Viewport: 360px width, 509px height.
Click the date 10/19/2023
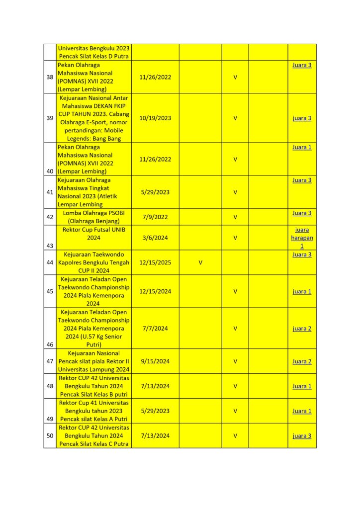pyautogui.click(x=156, y=118)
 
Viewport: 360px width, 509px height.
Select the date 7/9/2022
pyautogui.click(x=156, y=217)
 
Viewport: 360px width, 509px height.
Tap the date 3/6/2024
pyautogui.click(x=156, y=238)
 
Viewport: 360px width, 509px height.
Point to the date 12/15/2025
pyautogui.click(x=156, y=262)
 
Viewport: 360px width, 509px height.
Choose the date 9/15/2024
pyautogui.click(x=156, y=361)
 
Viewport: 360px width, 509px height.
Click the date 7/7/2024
pyautogui.click(x=156, y=329)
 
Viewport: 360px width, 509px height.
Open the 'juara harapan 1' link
pyautogui.click(x=302, y=238)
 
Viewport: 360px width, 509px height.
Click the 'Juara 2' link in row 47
pyautogui.click(x=302, y=361)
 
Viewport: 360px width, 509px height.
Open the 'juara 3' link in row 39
pyautogui.click(x=302, y=118)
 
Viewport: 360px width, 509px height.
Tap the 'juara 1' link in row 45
pyautogui.click(x=302, y=291)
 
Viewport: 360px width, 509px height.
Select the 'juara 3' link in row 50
pyautogui.click(x=302, y=436)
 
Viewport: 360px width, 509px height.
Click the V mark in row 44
pyautogui.click(x=200, y=262)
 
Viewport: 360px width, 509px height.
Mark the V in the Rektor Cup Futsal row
pyautogui.click(x=235, y=238)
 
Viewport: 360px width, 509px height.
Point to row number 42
pyautogui.click(x=50, y=217)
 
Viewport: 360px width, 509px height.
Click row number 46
pyautogui.click(x=50, y=344)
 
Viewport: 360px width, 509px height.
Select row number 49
pyautogui.click(x=50, y=419)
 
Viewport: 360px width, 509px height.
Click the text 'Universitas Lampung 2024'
pyautogui.click(x=94, y=369)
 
